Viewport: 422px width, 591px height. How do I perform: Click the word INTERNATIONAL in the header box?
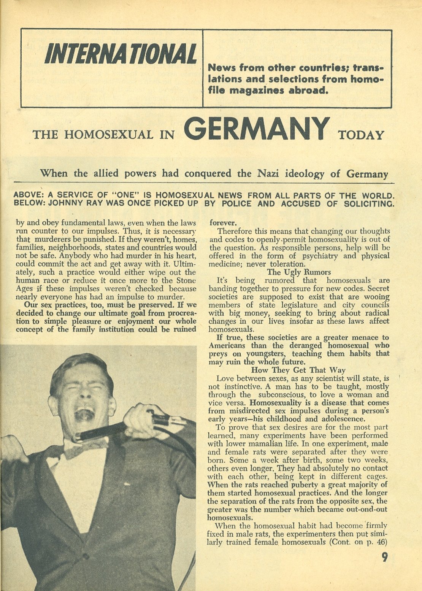point(121,54)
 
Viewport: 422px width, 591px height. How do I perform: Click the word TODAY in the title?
point(360,135)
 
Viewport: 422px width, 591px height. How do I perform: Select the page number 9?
point(384,558)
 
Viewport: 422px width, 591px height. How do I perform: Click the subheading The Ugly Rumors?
point(298,272)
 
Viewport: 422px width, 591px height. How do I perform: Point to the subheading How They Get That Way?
point(298,370)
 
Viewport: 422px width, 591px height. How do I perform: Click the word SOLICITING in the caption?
point(369,203)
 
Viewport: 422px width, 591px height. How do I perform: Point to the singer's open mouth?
point(85,414)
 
